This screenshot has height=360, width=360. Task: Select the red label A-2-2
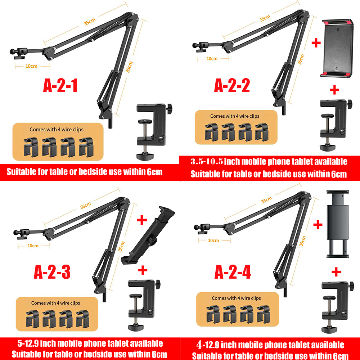(232, 86)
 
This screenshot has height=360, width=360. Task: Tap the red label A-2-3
(52, 273)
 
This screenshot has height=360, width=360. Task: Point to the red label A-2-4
(233, 273)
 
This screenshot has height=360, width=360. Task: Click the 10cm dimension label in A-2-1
(31, 66)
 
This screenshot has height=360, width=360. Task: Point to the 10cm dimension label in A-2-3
(33, 246)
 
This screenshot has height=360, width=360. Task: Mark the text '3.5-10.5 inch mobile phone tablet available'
(269, 161)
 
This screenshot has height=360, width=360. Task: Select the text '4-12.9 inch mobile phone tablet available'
(270, 345)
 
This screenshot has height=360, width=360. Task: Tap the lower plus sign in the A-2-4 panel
(336, 272)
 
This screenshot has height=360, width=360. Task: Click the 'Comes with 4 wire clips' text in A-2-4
(236, 298)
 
